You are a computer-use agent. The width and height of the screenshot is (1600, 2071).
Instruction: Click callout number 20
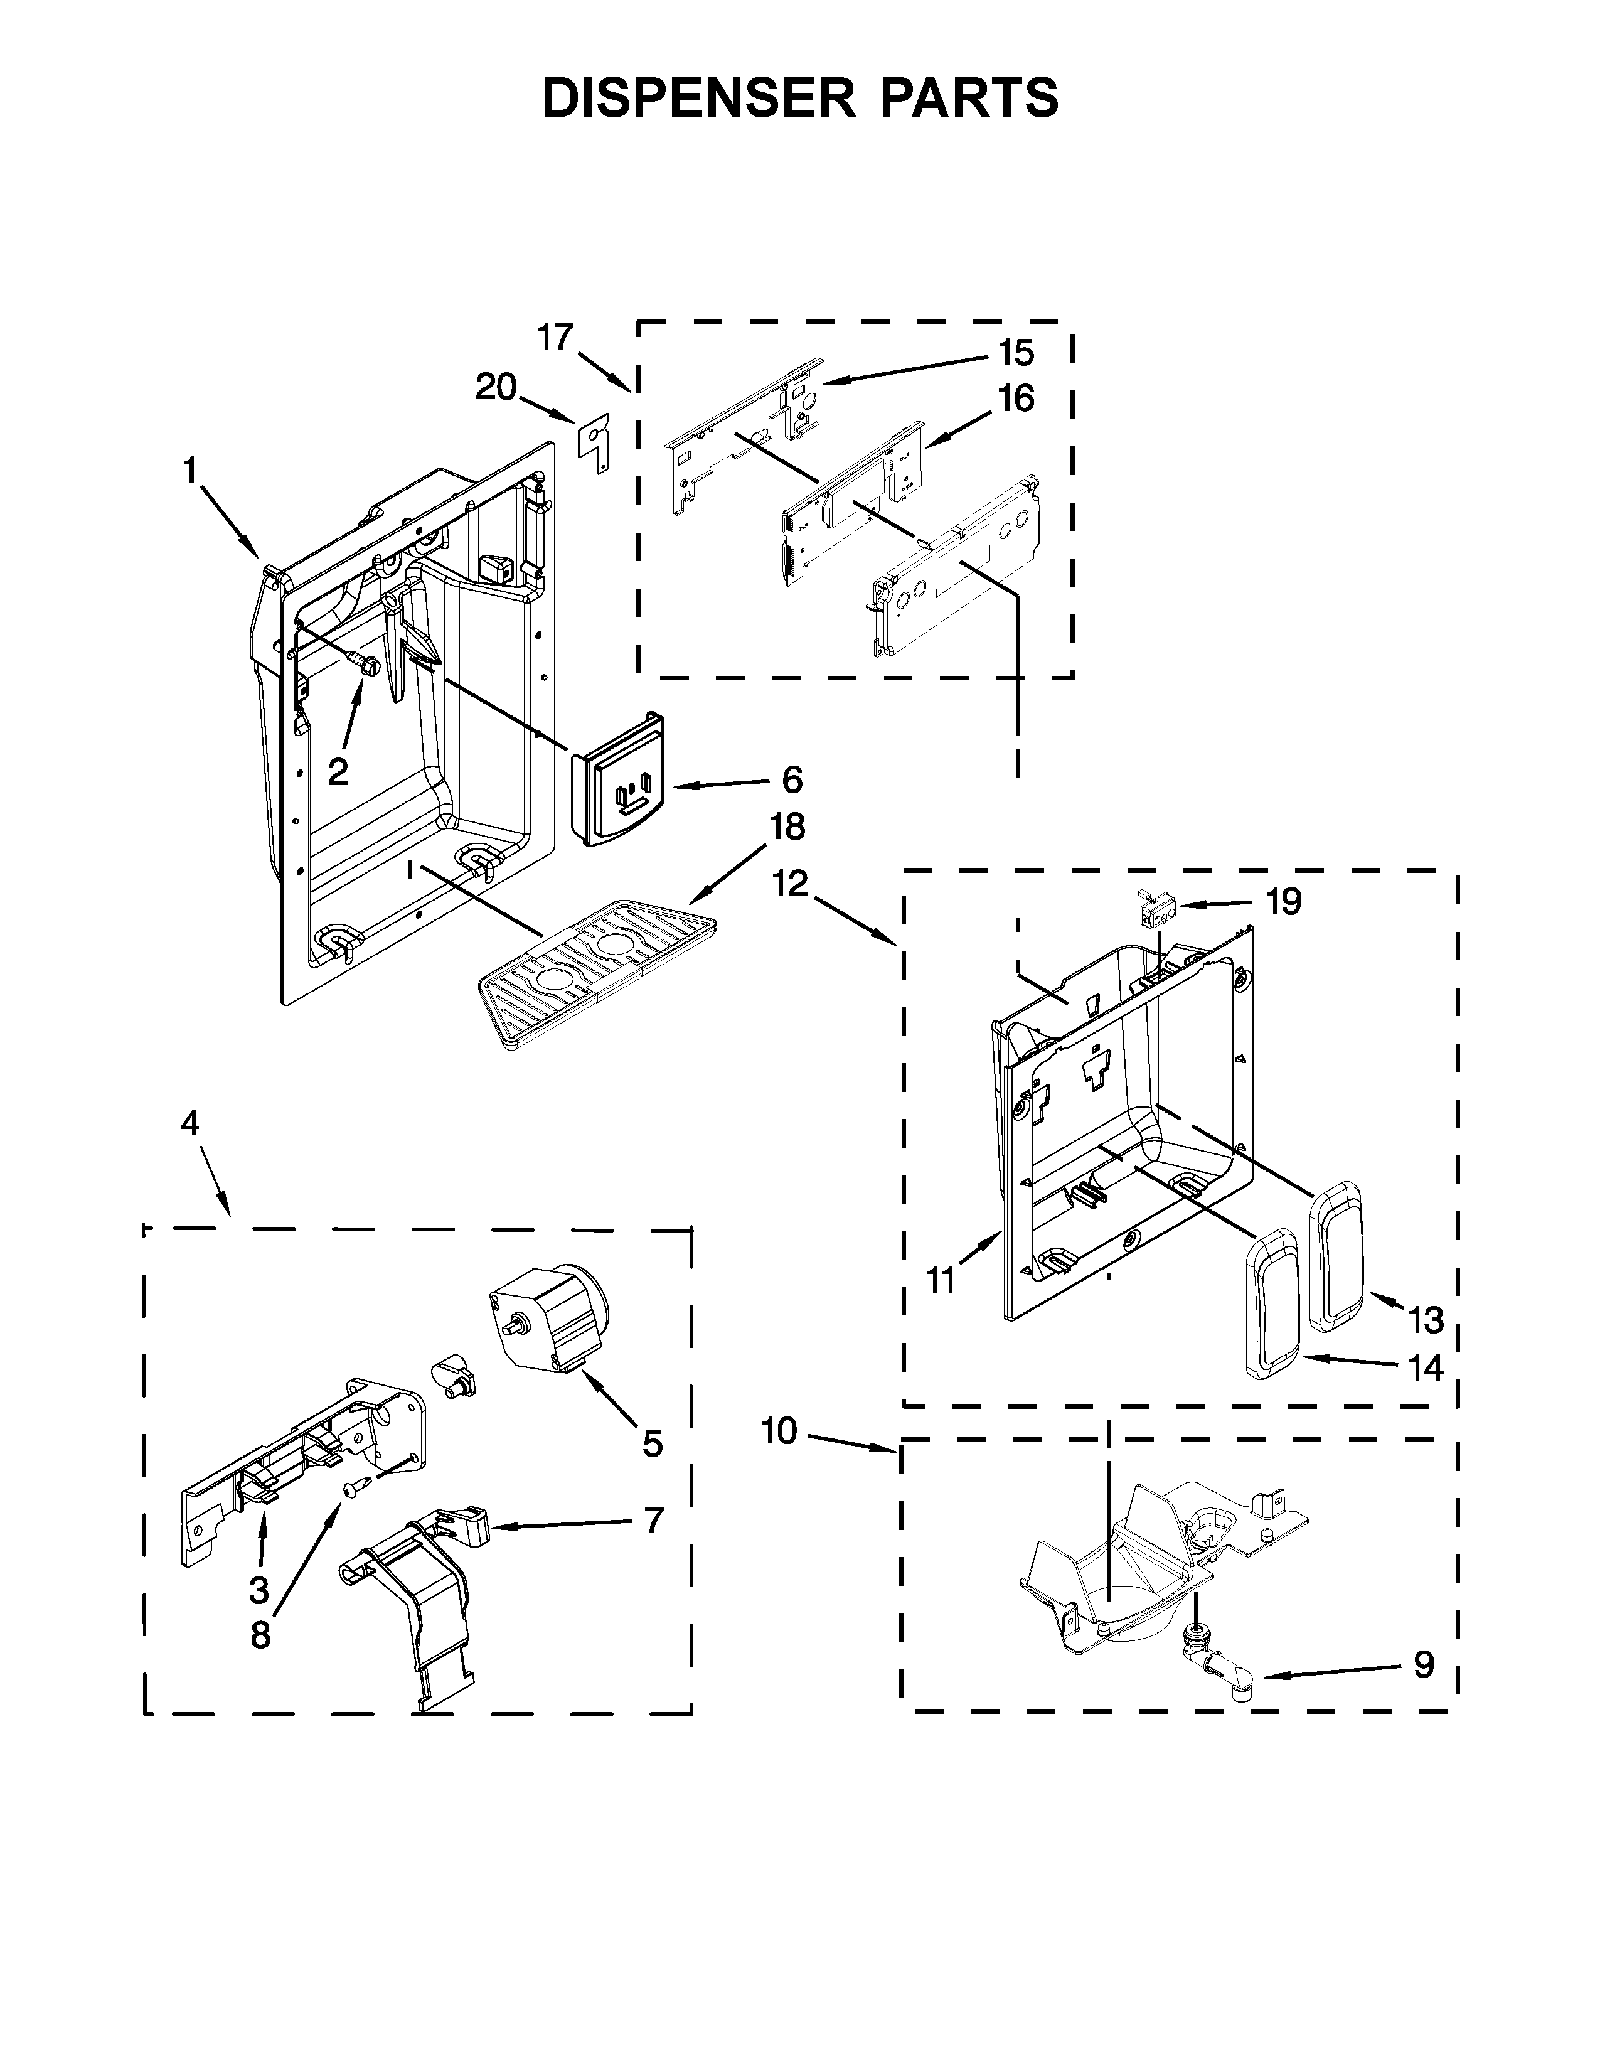pos(496,387)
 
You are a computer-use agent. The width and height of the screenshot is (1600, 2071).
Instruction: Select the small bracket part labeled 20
pos(594,442)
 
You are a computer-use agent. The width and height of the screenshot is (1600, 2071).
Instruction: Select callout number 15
pos(1015,353)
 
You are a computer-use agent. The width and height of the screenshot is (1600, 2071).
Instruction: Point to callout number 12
pos(789,884)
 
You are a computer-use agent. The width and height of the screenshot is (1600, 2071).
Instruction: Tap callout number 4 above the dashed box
pos(191,1124)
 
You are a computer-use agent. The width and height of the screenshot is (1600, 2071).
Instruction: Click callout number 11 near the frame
pos(941,1280)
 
